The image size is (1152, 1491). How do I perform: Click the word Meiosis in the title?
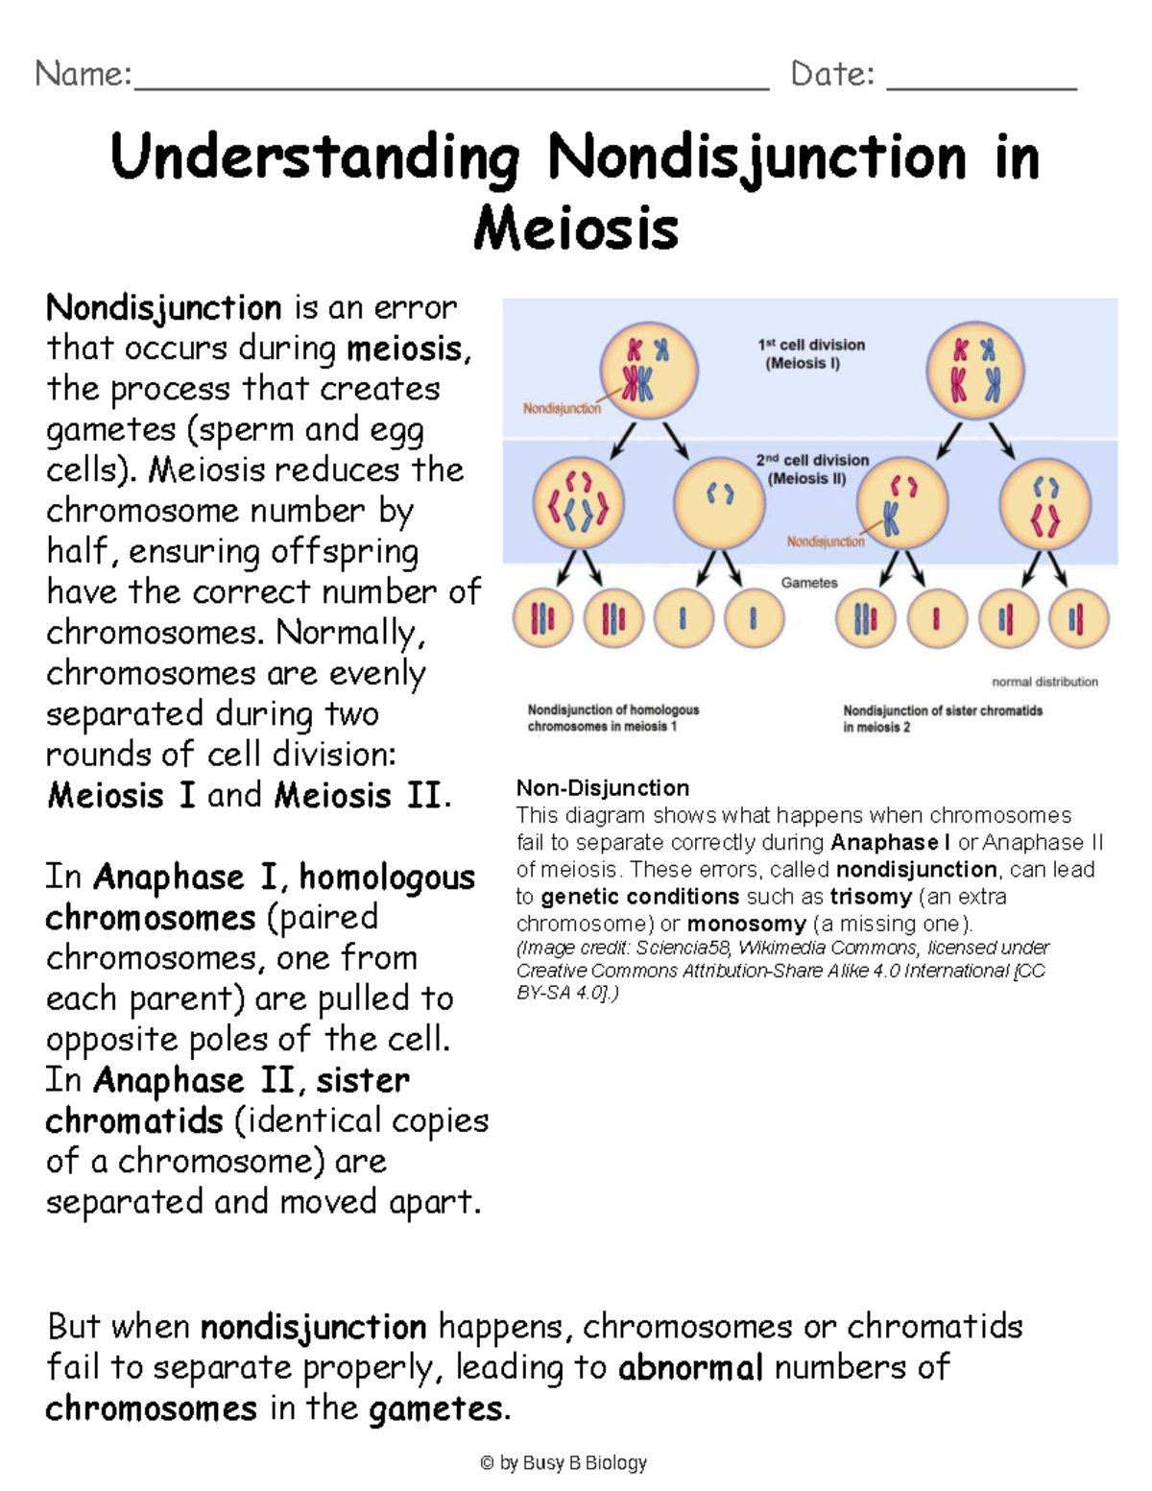point(576,228)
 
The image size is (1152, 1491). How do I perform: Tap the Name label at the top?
point(83,74)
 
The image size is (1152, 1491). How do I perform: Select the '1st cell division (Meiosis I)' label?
point(811,353)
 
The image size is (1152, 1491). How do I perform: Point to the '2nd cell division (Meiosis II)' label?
point(811,469)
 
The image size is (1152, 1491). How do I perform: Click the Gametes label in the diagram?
point(809,583)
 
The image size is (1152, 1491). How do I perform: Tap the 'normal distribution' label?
point(1044,682)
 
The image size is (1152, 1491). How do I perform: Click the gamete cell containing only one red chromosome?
point(936,618)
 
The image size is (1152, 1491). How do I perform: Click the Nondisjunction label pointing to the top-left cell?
point(562,408)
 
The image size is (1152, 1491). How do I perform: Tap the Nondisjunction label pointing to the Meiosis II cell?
point(826,541)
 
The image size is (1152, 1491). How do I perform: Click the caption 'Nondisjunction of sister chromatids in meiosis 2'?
point(943,718)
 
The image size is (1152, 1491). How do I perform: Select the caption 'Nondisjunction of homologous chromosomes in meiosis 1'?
point(613,718)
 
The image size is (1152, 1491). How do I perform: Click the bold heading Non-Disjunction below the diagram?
point(603,788)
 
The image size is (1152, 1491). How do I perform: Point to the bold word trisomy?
point(871,897)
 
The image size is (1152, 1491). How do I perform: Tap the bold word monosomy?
point(746,924)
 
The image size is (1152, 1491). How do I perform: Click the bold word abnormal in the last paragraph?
point(691,1367)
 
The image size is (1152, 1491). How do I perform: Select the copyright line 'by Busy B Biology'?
point(564,1463)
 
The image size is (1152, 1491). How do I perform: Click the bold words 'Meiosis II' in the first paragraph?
point(358,795)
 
